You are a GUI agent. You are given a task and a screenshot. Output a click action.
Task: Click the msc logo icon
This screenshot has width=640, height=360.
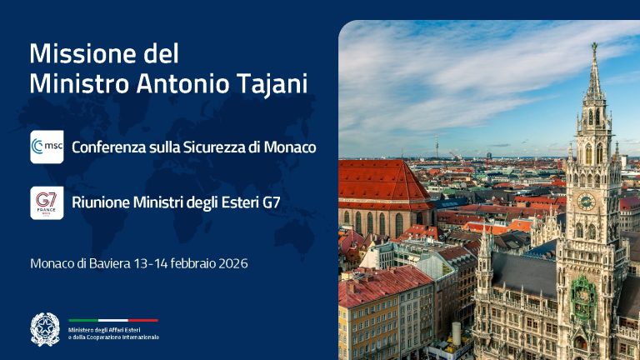[x=47, y=147]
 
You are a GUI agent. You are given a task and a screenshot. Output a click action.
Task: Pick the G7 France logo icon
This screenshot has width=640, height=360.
[x=47, y=202]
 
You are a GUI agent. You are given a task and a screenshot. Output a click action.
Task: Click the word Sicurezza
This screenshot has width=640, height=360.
[x=214, y=147]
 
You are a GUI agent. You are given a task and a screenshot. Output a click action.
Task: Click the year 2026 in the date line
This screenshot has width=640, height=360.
[x=230, y=263]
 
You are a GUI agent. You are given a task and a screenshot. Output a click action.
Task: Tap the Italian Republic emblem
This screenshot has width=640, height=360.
[x=47, y=328]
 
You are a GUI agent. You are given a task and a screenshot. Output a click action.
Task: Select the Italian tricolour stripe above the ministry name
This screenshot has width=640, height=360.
[x=113, y=320]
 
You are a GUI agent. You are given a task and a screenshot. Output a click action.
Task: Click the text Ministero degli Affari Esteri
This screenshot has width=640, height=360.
[x=112, y=329]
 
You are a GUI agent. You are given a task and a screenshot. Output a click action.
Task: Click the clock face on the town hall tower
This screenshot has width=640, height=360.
[x=586, y=201]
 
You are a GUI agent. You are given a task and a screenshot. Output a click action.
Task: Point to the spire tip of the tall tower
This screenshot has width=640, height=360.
[x=593, y=46]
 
